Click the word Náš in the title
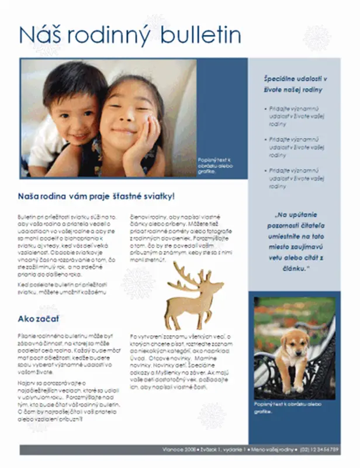39,35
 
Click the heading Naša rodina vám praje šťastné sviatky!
96,196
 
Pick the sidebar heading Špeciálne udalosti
294,84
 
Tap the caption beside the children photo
216,165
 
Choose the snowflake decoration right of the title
317,38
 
